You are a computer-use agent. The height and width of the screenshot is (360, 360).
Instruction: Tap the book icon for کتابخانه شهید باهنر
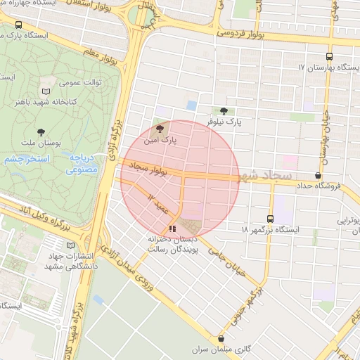(x=46, y=91)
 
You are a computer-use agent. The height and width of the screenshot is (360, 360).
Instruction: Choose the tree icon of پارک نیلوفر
(x=224, y=111)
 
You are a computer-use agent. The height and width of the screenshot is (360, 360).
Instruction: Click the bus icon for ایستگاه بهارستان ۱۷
(x=329, y=57)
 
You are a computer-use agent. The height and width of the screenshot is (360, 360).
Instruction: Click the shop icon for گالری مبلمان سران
(x=221, y=338)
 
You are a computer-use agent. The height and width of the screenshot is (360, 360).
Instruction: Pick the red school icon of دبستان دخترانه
(x=172, y=229)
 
